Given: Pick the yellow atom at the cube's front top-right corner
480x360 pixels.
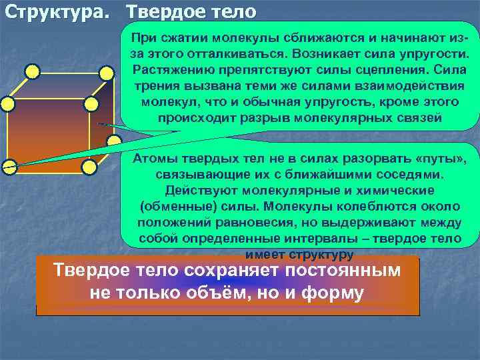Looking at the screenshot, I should (x=91, y=103).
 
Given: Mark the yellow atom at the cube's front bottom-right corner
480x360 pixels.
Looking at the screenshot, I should (x=91, y=165).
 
